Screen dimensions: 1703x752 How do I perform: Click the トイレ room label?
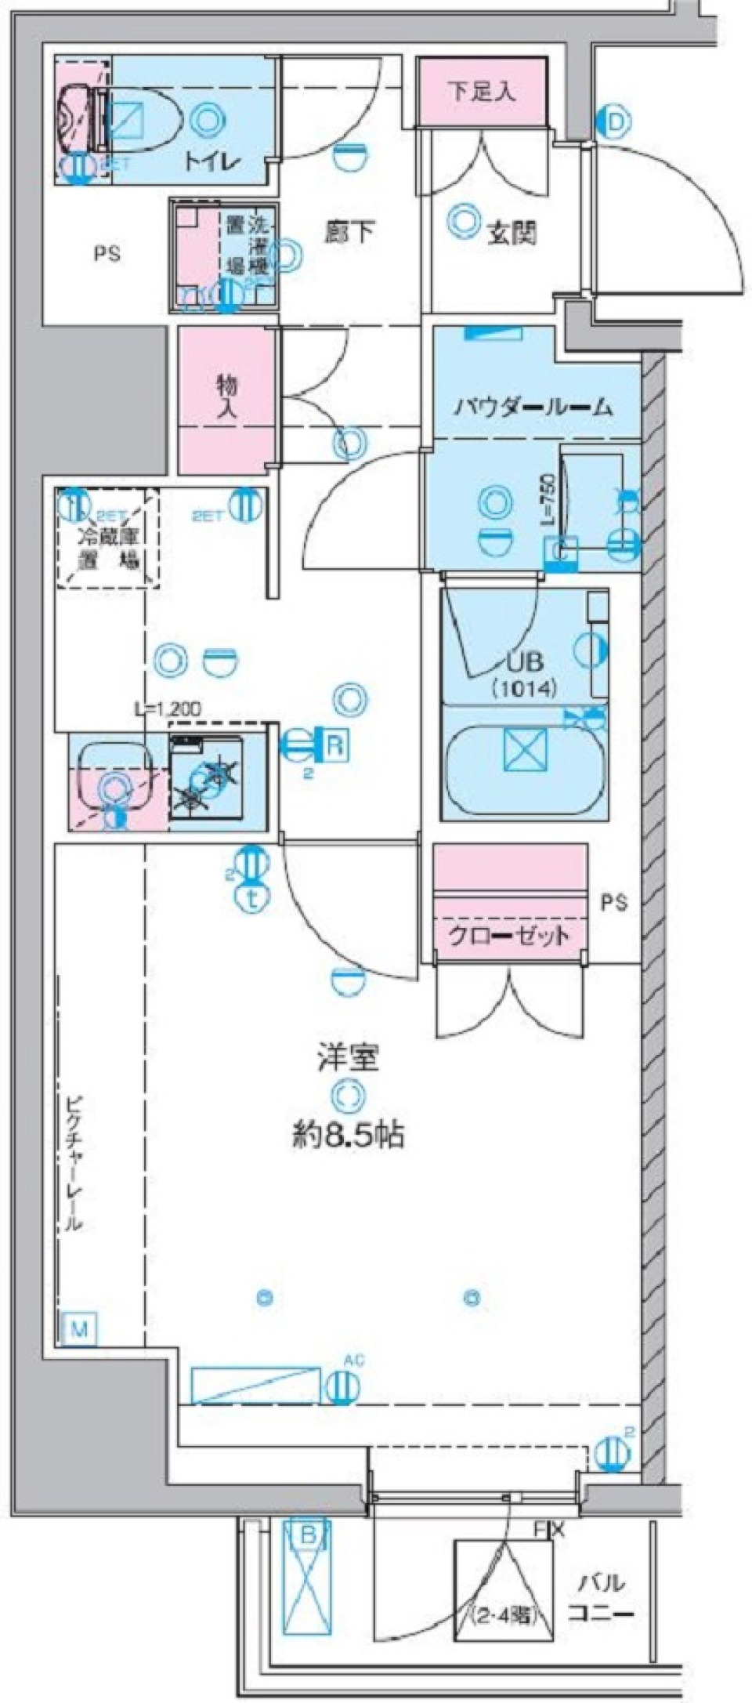211,162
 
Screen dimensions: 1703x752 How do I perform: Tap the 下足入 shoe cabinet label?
481,92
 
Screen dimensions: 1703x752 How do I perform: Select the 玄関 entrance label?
512,233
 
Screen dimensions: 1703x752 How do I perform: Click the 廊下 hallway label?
349,232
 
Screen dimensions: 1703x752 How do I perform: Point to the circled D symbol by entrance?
616,122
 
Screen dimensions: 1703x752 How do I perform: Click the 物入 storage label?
227,398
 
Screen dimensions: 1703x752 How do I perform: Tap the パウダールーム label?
533,407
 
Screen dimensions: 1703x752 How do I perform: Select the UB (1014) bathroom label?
524,674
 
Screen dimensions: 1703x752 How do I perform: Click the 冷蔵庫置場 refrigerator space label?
108,549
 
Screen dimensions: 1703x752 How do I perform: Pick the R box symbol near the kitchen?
334,745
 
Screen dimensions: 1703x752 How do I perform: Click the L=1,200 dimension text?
168,708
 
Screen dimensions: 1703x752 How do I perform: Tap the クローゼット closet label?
508,936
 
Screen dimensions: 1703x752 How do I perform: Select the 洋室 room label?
349,1058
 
